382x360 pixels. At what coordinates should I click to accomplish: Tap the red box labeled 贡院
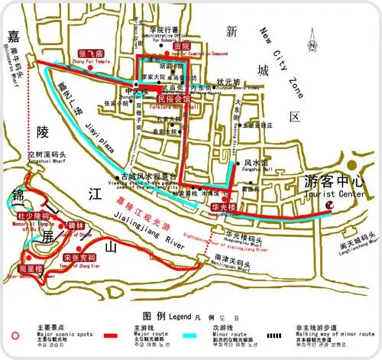180,47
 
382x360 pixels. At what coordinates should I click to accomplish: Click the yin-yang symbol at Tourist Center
330,204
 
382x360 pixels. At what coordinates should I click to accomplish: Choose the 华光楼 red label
225,207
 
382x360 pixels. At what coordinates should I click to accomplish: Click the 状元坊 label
228,82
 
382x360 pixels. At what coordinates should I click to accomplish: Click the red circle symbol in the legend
15,334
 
